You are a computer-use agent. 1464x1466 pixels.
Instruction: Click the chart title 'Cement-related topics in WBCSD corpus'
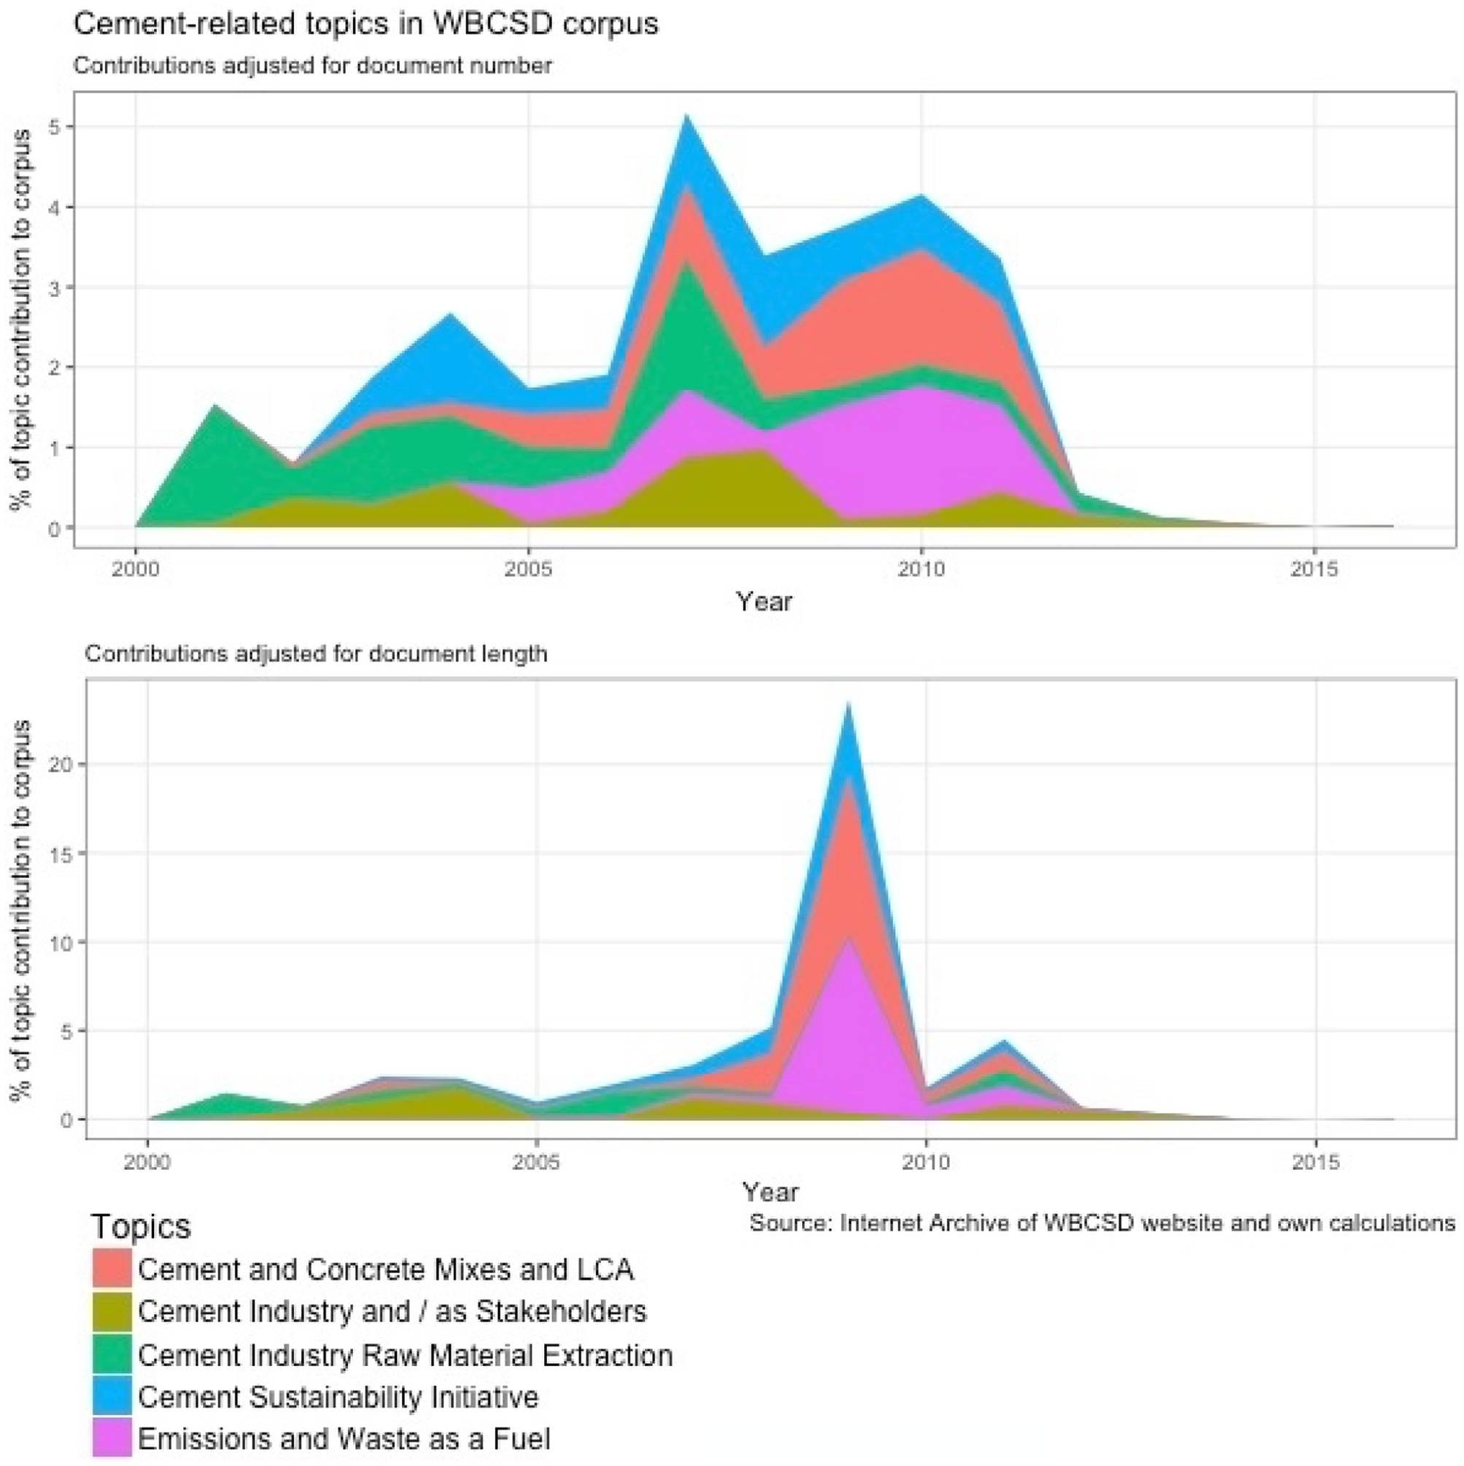365,24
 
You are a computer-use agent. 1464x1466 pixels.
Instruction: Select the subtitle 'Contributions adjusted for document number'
313,66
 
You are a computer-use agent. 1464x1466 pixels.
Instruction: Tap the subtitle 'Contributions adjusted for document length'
317,654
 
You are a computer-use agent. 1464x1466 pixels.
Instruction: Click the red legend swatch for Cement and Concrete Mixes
112,1267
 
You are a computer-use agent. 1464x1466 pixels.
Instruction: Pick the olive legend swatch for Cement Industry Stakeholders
112,1310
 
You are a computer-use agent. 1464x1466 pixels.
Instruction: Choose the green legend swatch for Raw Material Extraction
112,1353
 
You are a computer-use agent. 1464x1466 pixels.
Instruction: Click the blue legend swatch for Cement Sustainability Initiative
112,1395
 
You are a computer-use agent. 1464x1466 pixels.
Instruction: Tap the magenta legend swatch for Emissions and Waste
112,1438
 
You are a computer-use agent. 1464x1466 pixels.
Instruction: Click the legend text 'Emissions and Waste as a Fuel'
344,1439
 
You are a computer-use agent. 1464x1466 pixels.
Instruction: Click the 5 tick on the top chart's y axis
54,127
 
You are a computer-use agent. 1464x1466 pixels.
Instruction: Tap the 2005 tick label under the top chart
528,569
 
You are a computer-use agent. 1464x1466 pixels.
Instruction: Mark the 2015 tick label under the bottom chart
1316,1162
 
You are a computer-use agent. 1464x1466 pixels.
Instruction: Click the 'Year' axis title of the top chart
764,602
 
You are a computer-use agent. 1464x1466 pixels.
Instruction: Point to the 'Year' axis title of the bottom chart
770,1192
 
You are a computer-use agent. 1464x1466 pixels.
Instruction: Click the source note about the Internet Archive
1103,1223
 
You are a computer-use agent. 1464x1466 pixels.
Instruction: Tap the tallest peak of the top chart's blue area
687,115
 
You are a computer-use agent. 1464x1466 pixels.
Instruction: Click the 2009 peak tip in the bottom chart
848,702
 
